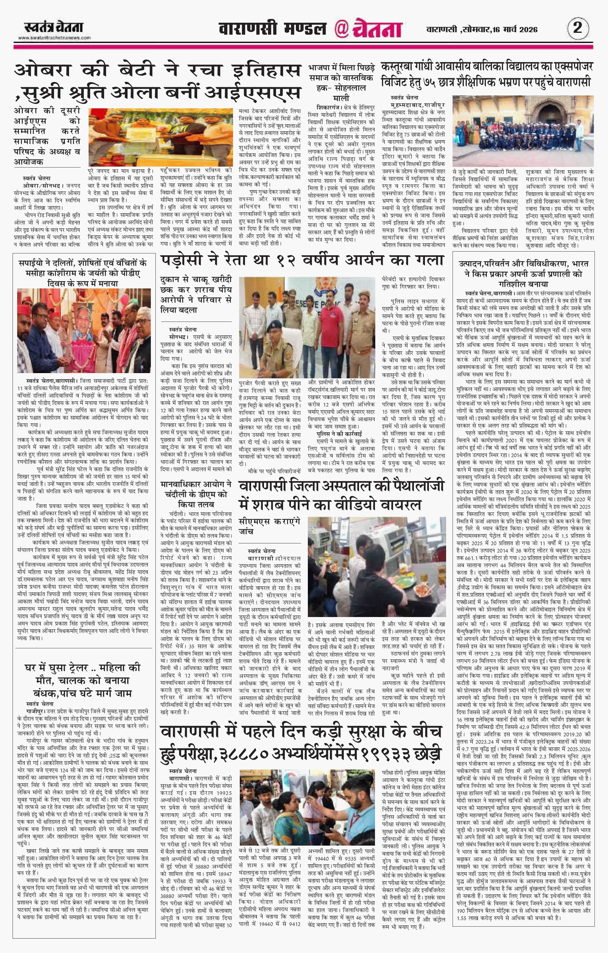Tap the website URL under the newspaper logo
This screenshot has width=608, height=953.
[x=54, y=38]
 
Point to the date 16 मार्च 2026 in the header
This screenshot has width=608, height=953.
[x=514, y=29]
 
